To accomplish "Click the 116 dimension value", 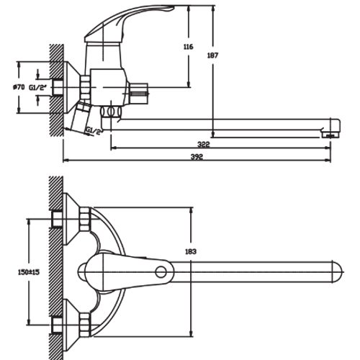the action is tap(189, 47).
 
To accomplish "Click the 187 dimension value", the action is tap(212, 55).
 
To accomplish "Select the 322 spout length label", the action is tap(204, 145).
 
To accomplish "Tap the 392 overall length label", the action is tap(197, 157).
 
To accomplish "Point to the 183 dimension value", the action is tap(191, 251).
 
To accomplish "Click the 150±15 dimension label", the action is tap(29, 272).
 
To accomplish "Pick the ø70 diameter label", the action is tap(19, 87).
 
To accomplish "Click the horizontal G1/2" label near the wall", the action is tap(37, 88).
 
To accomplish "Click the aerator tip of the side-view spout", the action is tap(330, 135).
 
